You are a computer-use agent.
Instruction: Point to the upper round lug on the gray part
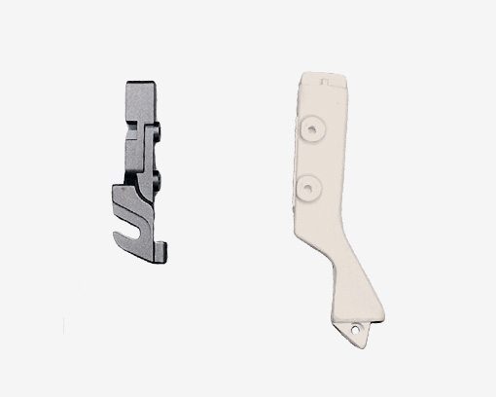click(156, 132)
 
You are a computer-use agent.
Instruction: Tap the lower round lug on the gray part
click(156, 176)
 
